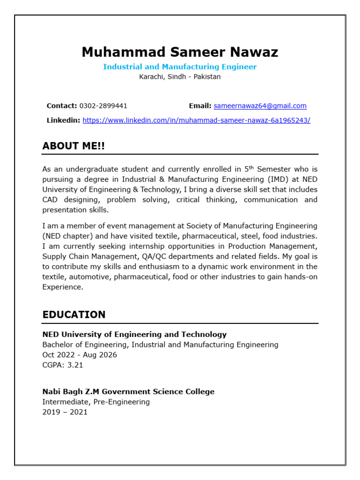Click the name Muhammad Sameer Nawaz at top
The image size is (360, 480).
pos(180,52)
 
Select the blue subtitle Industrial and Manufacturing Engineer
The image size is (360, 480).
pos(180,67)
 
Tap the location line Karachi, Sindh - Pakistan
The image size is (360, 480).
pos(180,77)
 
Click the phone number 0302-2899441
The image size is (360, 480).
pos(103,106)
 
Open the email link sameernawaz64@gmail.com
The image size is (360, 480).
pos(260,106)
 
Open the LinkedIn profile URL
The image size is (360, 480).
pos(196,120)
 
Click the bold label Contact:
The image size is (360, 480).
pos(62,106)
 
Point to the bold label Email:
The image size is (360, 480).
pos(200,106)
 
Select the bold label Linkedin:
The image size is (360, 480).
pos(63,120)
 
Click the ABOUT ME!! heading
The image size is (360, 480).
pos(74,146)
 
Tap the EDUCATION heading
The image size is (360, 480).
pos(74,315)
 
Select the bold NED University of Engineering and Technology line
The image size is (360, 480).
pos(135,335)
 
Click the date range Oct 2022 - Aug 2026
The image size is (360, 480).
pos(80,355)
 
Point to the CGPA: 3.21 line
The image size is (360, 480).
pos(63,365)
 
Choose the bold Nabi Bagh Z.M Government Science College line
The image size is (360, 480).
pos(128,391)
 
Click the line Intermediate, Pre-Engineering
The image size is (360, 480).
pos(96,402)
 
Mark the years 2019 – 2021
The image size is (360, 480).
pos(65,412)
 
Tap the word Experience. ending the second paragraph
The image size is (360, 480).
pos(63,287)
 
